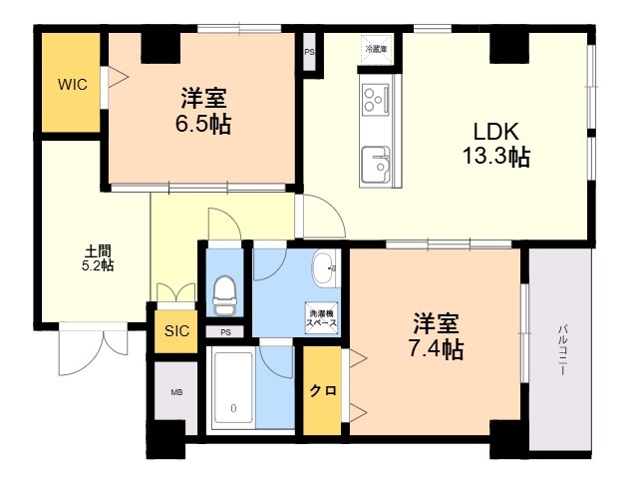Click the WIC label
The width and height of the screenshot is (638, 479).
pyautogui.click(x=73, y=85)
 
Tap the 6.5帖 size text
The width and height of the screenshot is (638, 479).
pyautogui.click(x=203, y=124)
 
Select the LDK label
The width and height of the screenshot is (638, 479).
pyautogui.click(x=496, y=132)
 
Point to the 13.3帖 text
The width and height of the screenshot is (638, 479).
pyautogui.click(x=496, y=156)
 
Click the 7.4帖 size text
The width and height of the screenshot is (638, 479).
pyautogui.click(x=436, y=349)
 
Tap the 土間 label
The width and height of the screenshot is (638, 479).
pyautogui.click(x=98, y=250)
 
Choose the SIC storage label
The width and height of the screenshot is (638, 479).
pyautogui.click(x=176, y=330)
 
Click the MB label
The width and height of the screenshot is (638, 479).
pyautogui.click(x=176, y=392)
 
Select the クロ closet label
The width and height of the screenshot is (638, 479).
pyautogui.click(x=323, y=390)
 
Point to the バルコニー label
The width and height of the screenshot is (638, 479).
pyautogui.click(x=562, y=349)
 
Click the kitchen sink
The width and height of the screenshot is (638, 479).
pyautogui.click(x=376, y=164)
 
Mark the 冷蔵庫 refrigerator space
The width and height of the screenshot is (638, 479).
pyautogui.click(x=376, y=49)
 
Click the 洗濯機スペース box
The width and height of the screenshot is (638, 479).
pyautogui.click(x=321, y=318)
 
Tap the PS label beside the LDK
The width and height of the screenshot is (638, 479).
pyautogui.click(x=310, y=52)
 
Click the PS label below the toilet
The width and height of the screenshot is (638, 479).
pyautogui.click(x=225, y=332)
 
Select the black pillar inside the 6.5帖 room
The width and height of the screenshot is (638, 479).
pyautogui.click(x=160, y=48)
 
